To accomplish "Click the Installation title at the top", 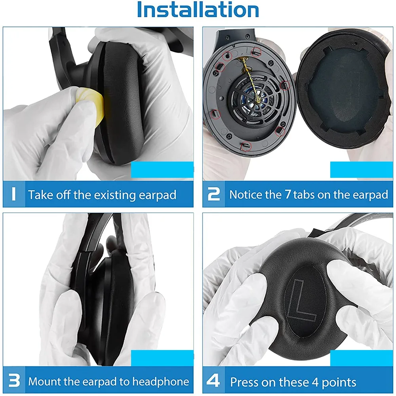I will (198, 11).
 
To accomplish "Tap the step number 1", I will (13, 194).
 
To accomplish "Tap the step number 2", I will (213, 194).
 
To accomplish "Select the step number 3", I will (14, 381).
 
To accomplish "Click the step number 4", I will (213, 381).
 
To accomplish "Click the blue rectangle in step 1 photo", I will (162, 169).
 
